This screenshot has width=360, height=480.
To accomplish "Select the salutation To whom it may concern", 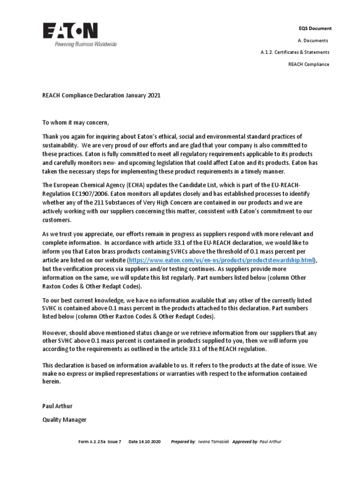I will point(75,123).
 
